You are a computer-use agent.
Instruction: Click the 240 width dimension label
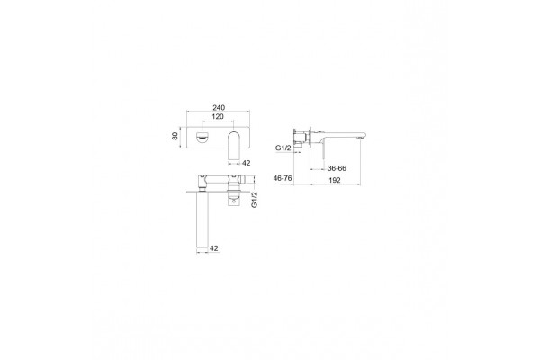tap(219, 107)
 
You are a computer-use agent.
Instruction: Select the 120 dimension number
tap(218, 116)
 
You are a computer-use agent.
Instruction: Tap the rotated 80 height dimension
tap(175, 136)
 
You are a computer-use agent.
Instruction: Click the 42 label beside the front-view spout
tap(247, 163)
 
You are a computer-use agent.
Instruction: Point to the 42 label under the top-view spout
tap(214, 248)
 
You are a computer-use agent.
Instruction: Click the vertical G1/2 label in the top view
tap(255, 200)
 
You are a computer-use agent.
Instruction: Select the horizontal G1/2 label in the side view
tap(283, 148)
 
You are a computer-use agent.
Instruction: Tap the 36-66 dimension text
tap(337, 168)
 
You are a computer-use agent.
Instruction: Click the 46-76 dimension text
tap(283, 178)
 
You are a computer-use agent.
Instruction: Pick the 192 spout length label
tap(335, 180)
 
